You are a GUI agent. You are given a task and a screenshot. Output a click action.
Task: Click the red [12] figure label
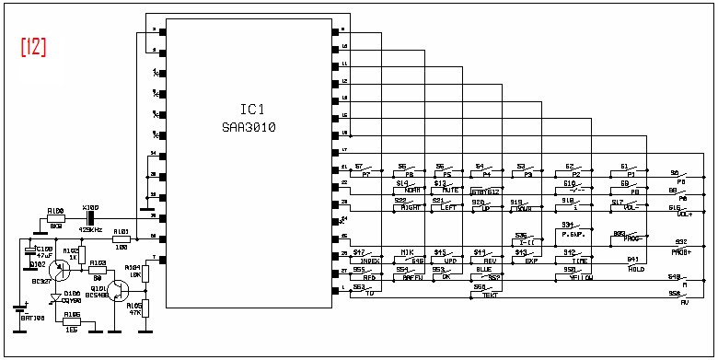33,48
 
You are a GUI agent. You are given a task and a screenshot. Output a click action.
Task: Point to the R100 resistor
56,217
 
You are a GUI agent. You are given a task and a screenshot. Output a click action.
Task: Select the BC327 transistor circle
60,271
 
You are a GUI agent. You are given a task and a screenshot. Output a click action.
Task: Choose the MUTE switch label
449,191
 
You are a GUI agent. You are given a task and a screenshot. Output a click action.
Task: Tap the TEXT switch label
489,295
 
